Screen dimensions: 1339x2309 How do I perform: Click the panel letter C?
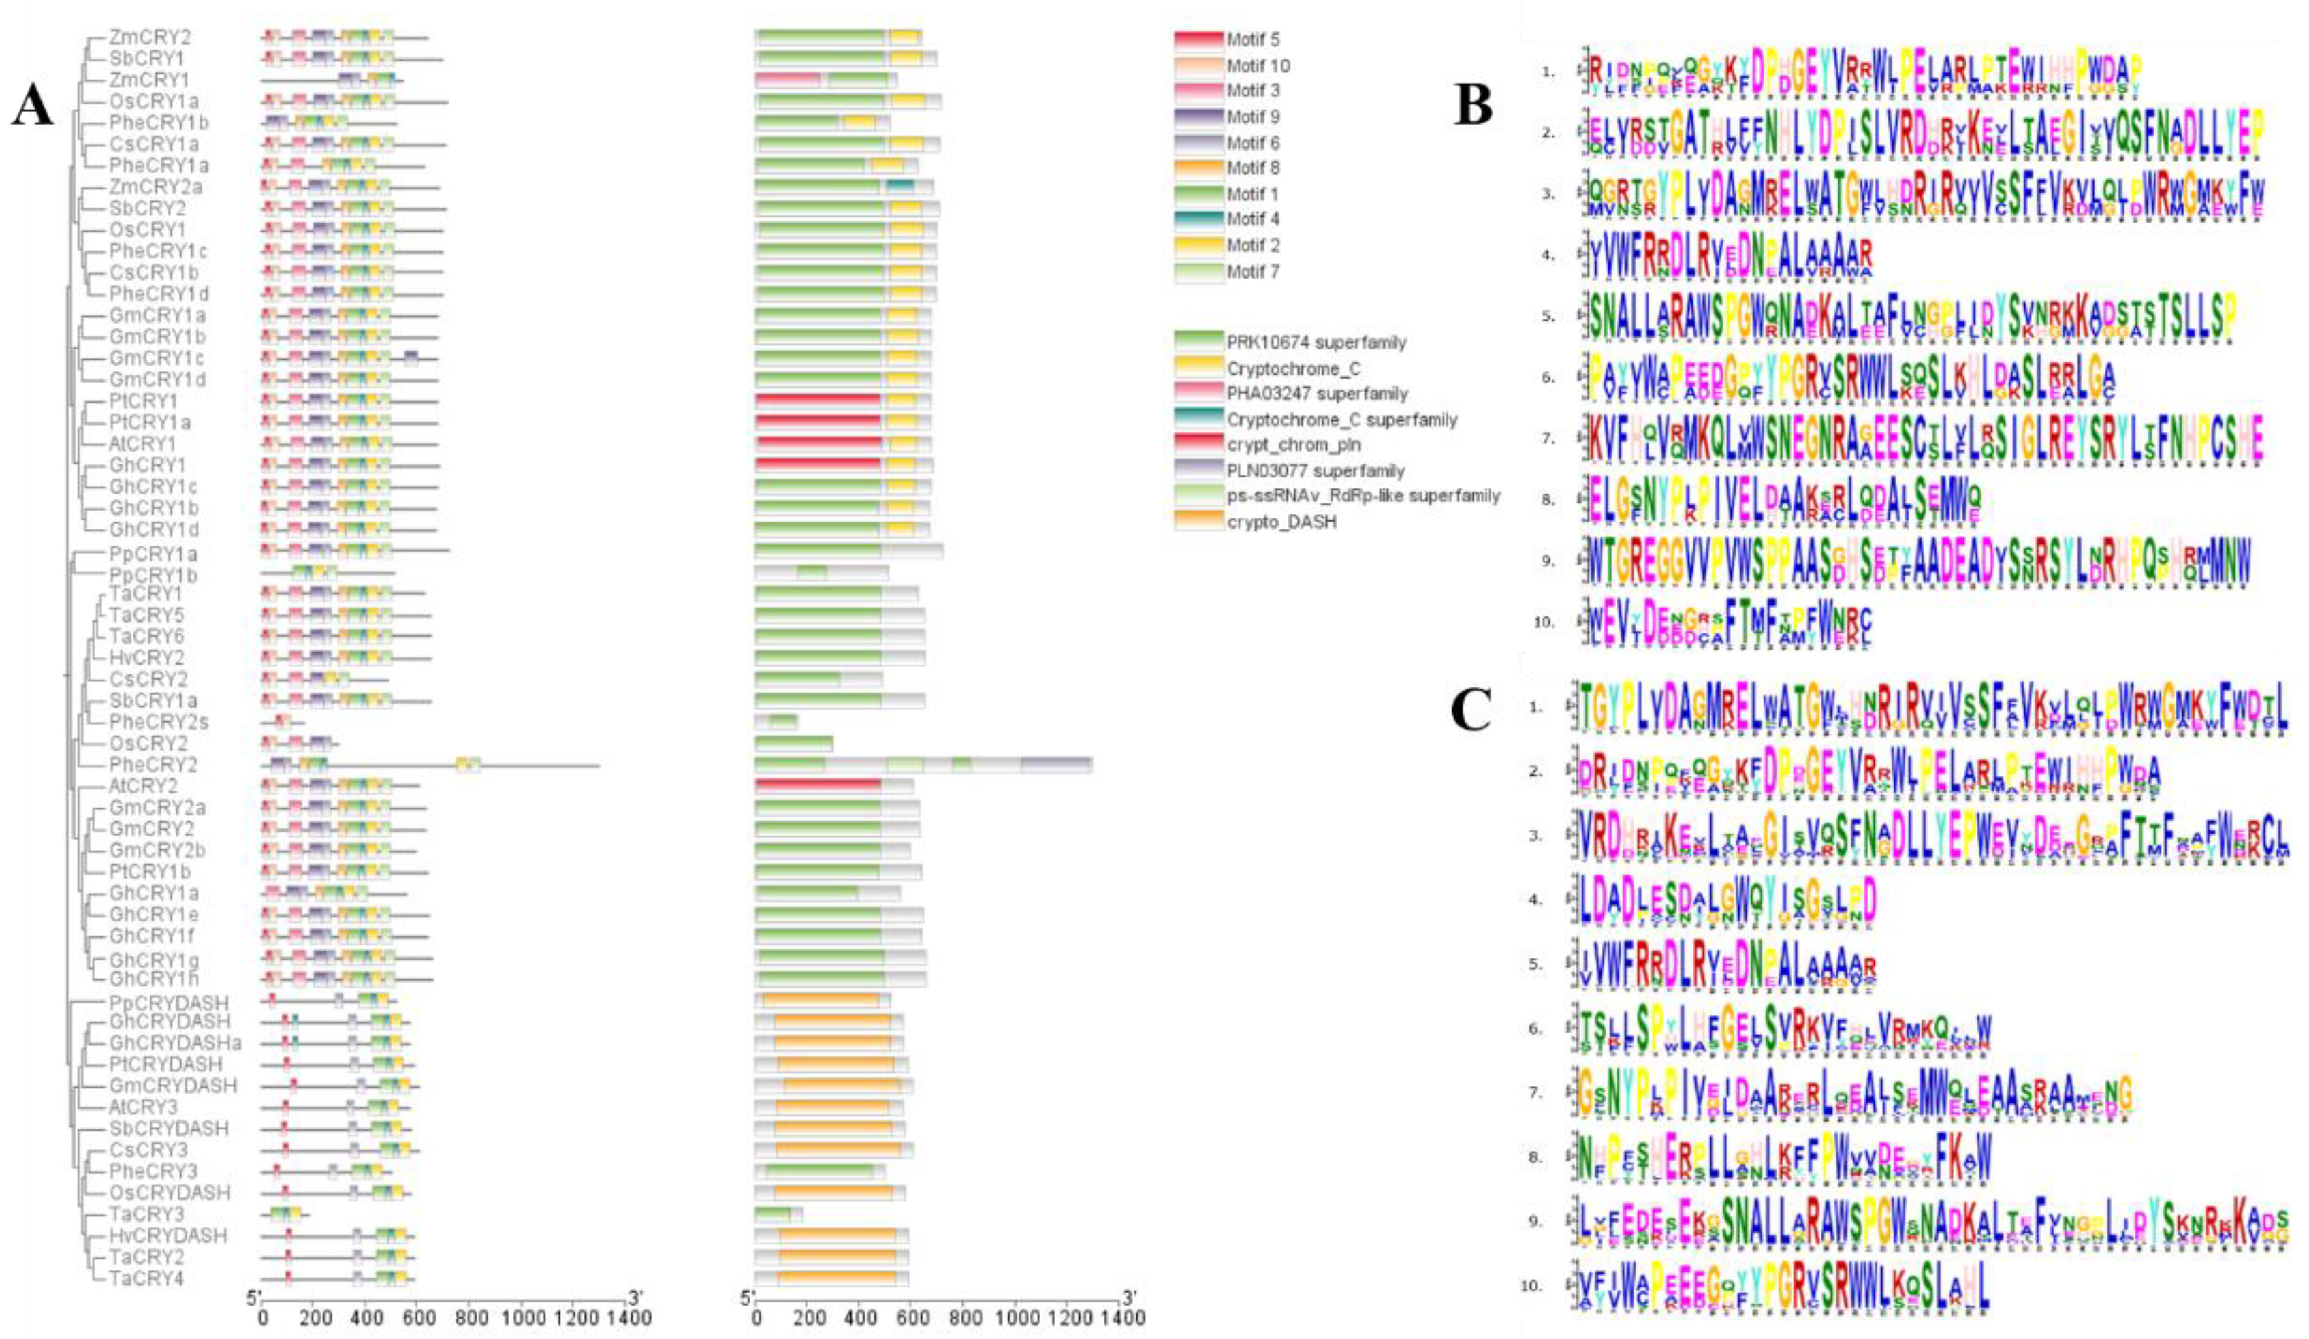point(1471,710)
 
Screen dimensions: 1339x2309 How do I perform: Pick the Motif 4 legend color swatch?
point(1198,219)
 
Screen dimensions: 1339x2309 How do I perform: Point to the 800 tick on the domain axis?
point(965,1318)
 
